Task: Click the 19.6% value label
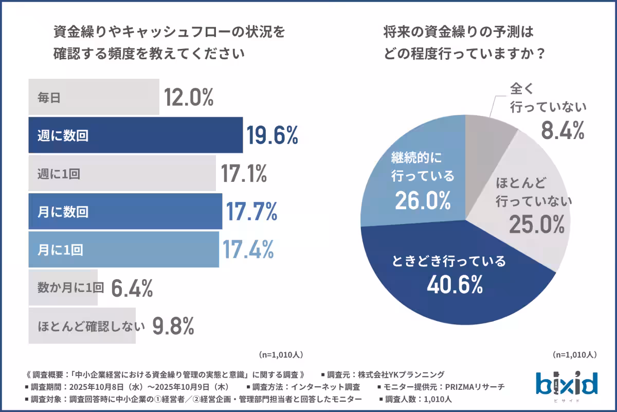pyautogui.click(x=272, y=135)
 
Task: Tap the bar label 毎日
pyautogui.click(x=49, y=97)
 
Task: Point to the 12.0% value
pyautogui.click(x=189, y=97)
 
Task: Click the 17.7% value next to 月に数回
pyautogui.click(x=251, y=211)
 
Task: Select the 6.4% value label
pyautogui.click(x=132, y=288)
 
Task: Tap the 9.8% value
pyautogui.click(x=173, y=326)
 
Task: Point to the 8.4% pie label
pyautogui.click(x=562, y=131)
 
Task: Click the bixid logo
pyautogui.click(x=567, y=383)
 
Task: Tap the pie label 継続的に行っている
pyautogui.click(x=423, y=166)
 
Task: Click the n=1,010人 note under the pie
pyautogui.click(x=574, y=355)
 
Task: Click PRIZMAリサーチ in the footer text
pyautogui.click(x=476, y=387)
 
